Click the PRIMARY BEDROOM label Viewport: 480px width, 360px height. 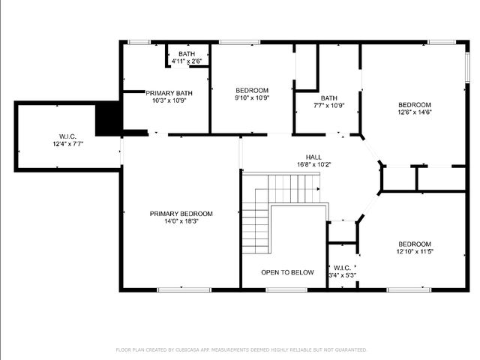point(181,214)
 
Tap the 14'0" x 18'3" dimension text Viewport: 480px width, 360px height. point(181,222)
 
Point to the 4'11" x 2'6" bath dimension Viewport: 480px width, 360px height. point(187,61)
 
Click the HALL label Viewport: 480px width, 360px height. point(313,156)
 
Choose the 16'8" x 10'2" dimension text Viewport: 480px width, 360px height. point(313,164)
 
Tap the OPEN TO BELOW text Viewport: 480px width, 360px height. point(287,272)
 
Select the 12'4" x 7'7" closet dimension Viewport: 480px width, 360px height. point(67,143)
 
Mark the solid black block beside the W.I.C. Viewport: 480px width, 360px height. point(109,118)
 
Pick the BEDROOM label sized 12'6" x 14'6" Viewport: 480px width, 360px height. point(415,104)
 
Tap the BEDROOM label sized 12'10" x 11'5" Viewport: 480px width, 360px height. point(415,244)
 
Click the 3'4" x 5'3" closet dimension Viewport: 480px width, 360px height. point(343,276)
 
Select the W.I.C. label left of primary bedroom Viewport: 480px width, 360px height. point(67,136)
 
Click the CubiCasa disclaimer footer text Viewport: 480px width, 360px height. point(241,349)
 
